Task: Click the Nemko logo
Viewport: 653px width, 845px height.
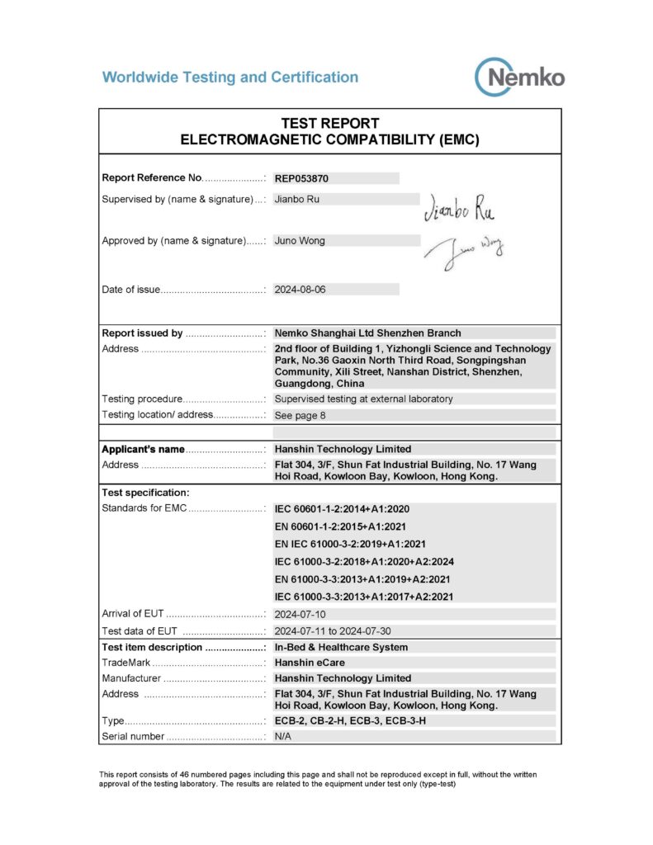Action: (520, 78)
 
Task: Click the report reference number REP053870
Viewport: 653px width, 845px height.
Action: (306, 177)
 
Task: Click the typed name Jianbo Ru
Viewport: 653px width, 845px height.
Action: (296, 199)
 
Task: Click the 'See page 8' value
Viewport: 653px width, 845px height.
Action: (300, 415)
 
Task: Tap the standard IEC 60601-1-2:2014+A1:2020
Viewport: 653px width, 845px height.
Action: (351, 508)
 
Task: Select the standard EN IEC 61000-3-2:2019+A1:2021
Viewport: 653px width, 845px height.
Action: (350, 544)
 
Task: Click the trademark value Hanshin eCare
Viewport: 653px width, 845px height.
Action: (310, 663)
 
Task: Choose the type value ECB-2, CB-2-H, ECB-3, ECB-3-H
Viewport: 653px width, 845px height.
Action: (350, 720)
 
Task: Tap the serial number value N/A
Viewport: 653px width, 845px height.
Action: (283, 736)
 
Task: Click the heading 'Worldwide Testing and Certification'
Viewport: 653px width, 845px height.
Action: (230, 78)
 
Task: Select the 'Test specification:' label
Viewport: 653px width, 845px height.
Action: (145, 493)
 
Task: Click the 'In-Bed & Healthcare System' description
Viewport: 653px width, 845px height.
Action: (341, 647)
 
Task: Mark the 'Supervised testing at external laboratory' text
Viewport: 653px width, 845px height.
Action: (363, 399)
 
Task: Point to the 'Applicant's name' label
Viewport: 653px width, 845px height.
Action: (143, 449)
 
